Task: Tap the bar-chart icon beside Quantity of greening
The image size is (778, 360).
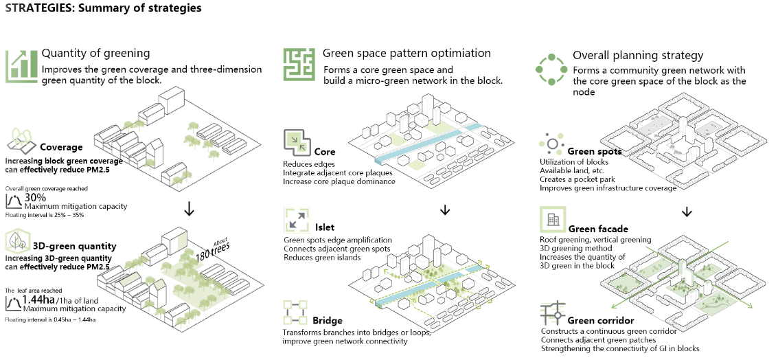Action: (21, 66)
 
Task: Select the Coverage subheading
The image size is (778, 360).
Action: (61, 147)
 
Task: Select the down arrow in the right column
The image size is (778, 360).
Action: (686, 212)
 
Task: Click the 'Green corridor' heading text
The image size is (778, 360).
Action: (600, 320)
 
